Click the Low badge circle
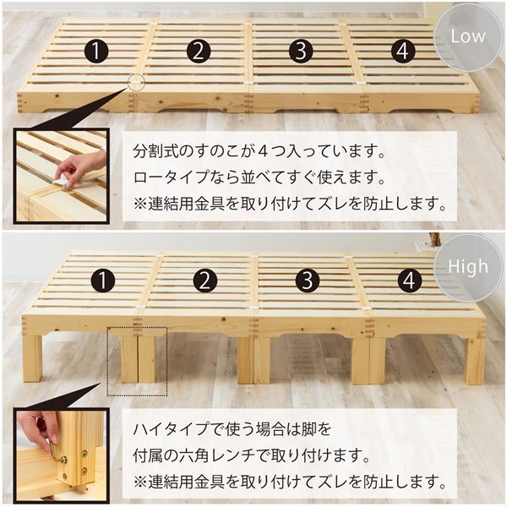(x=468, y=37)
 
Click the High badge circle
(x=468, y=267)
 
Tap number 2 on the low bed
(x=198, y=52)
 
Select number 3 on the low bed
(x=300, y=52)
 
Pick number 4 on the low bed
(x=403, y=52)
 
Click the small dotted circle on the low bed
(x=136, y=83)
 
